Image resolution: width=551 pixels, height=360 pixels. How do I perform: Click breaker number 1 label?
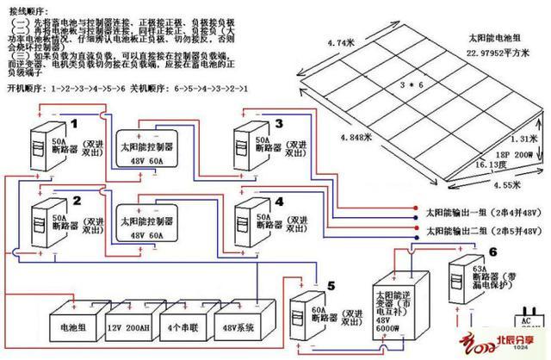75,123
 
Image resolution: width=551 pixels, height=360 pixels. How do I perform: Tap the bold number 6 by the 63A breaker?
492,252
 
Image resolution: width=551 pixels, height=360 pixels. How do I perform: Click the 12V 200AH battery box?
127,328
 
